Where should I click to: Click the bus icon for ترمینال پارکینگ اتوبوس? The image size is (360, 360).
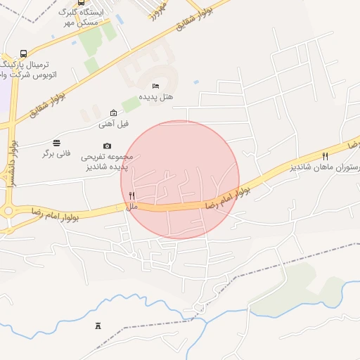point(24,53)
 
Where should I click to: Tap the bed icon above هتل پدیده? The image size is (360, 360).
point(155,86)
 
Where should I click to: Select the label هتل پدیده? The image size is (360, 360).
point(155,96)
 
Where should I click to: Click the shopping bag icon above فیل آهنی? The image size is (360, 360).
point(114,113)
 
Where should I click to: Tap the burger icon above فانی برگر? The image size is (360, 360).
point(57,142)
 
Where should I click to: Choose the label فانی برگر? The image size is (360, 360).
point(57,153)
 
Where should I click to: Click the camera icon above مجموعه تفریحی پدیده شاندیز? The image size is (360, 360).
point(107,146)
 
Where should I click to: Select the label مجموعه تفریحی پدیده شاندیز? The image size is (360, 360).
point(104,162)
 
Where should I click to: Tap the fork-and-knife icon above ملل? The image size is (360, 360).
point(131,195)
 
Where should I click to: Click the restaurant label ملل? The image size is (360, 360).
point(132,206)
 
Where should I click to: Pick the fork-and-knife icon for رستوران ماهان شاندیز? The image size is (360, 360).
point(325,156)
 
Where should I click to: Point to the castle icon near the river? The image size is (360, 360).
point(97,326)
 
